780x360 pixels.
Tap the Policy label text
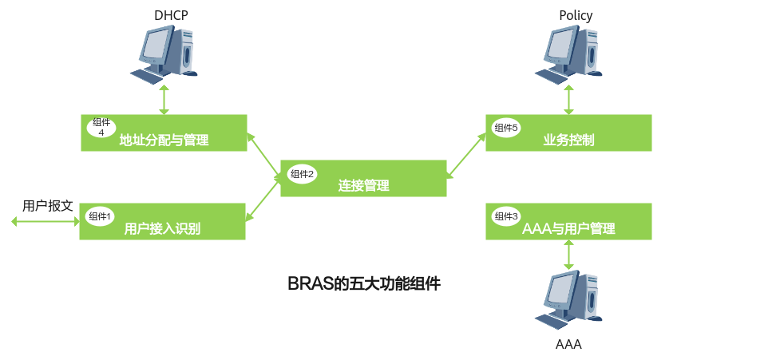pyautogui.click(x=576, y=15)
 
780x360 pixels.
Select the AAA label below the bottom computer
pyautogui.click(x=568, y=346)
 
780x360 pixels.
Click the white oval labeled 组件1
pyautogui.click(x=101, y=216)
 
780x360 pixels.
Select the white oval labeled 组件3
pyautogui.click(x=507, y=216)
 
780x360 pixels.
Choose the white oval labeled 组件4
pyautogui.click(x=101, y=127)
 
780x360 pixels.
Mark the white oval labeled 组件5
pyautogui.click(x=507, y=128)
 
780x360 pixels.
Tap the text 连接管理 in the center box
pyautogui.click(x=363, y=186)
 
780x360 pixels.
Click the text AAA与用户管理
pyautogui.click(x=568, y=229)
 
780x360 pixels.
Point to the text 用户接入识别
pyautogui.click(x=162, y=229)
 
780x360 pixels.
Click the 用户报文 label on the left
pyautogui.click(x=48, y=206)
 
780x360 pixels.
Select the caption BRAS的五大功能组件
pyautogui.click(x=364, y=284)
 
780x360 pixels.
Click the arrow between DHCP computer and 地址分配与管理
pyautogui.click(x=164, y=99)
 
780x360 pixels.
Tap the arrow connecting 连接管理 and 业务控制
pyautogui.click(x=466, y=156)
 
